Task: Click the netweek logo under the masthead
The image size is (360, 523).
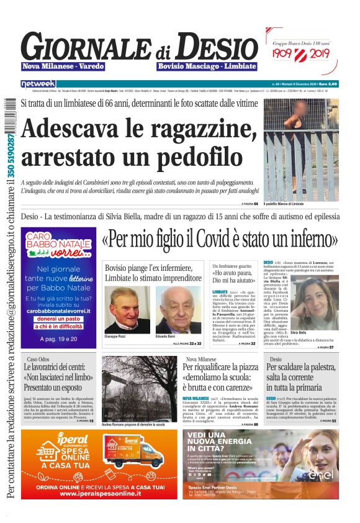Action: (x=38, y=83)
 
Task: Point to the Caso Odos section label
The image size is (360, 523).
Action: (x=38, y=359)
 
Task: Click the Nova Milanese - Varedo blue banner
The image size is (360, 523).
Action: (x=64, y=66)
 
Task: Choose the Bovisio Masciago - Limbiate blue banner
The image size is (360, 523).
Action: (x=207, y=66)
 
